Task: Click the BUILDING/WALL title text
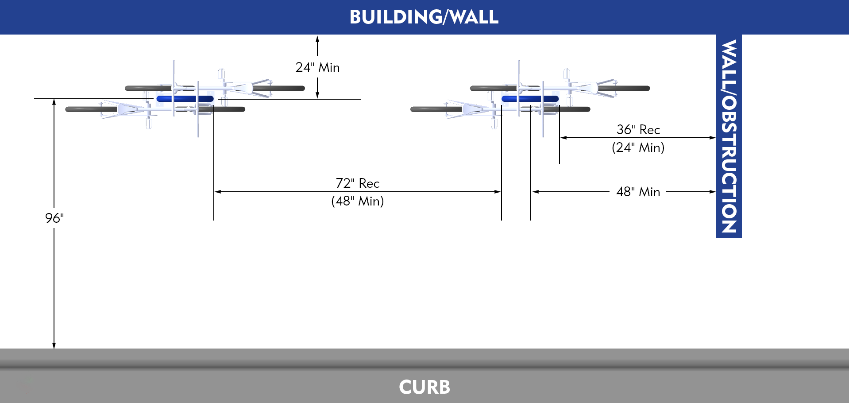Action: (424, 17)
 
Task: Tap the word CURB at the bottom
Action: (424, 387)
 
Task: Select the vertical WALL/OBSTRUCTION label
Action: (729, 136)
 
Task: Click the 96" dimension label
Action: (54, 218)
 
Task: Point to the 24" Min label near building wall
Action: (317, 67)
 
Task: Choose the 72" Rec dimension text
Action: (358, 183)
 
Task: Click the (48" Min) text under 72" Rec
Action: (358, 201)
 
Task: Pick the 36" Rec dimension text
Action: (638, 130)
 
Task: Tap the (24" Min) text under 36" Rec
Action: (638, 147)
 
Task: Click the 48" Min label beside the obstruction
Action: (638, 192)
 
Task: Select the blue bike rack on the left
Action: (185, 99)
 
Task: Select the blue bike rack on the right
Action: (530, 99)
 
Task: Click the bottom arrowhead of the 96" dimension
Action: (54, 345)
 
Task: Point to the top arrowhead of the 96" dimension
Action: (54, 102)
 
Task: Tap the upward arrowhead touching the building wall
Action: (317, 39)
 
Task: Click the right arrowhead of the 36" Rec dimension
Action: (713, 138)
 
